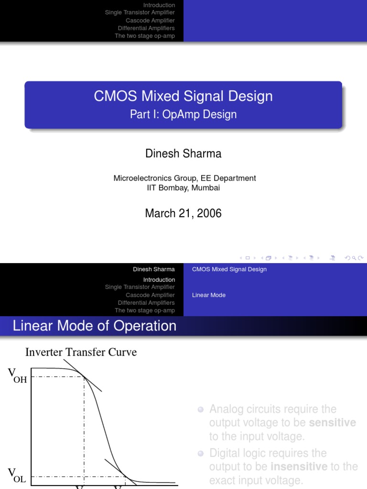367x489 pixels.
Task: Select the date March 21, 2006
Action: tap(183, 213)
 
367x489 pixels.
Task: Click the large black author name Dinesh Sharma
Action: tap(183, 153)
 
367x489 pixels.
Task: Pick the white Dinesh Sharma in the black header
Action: tap(154, 269)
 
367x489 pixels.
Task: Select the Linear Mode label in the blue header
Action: tap(209, 295)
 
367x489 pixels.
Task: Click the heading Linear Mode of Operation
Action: tap(95, 326)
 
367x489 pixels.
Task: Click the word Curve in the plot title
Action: tap(124, 352)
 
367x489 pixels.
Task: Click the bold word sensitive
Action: tap(333, 423)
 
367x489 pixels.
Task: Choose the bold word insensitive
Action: tap(299, 466)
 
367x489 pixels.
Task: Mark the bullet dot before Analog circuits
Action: tap(201, 409)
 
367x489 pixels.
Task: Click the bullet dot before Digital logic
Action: tap(201, 453)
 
